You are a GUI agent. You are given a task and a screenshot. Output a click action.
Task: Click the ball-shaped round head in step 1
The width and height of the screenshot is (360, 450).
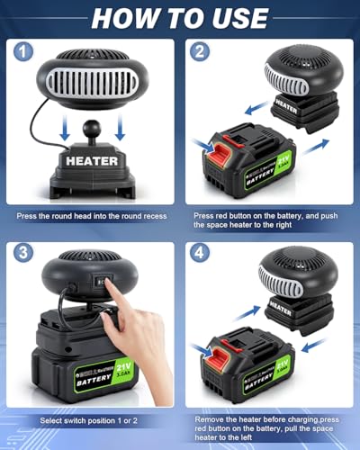click(x=91, y=142)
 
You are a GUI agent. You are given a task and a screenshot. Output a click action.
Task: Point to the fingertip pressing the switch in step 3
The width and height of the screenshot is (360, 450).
click(x=107, y=286)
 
